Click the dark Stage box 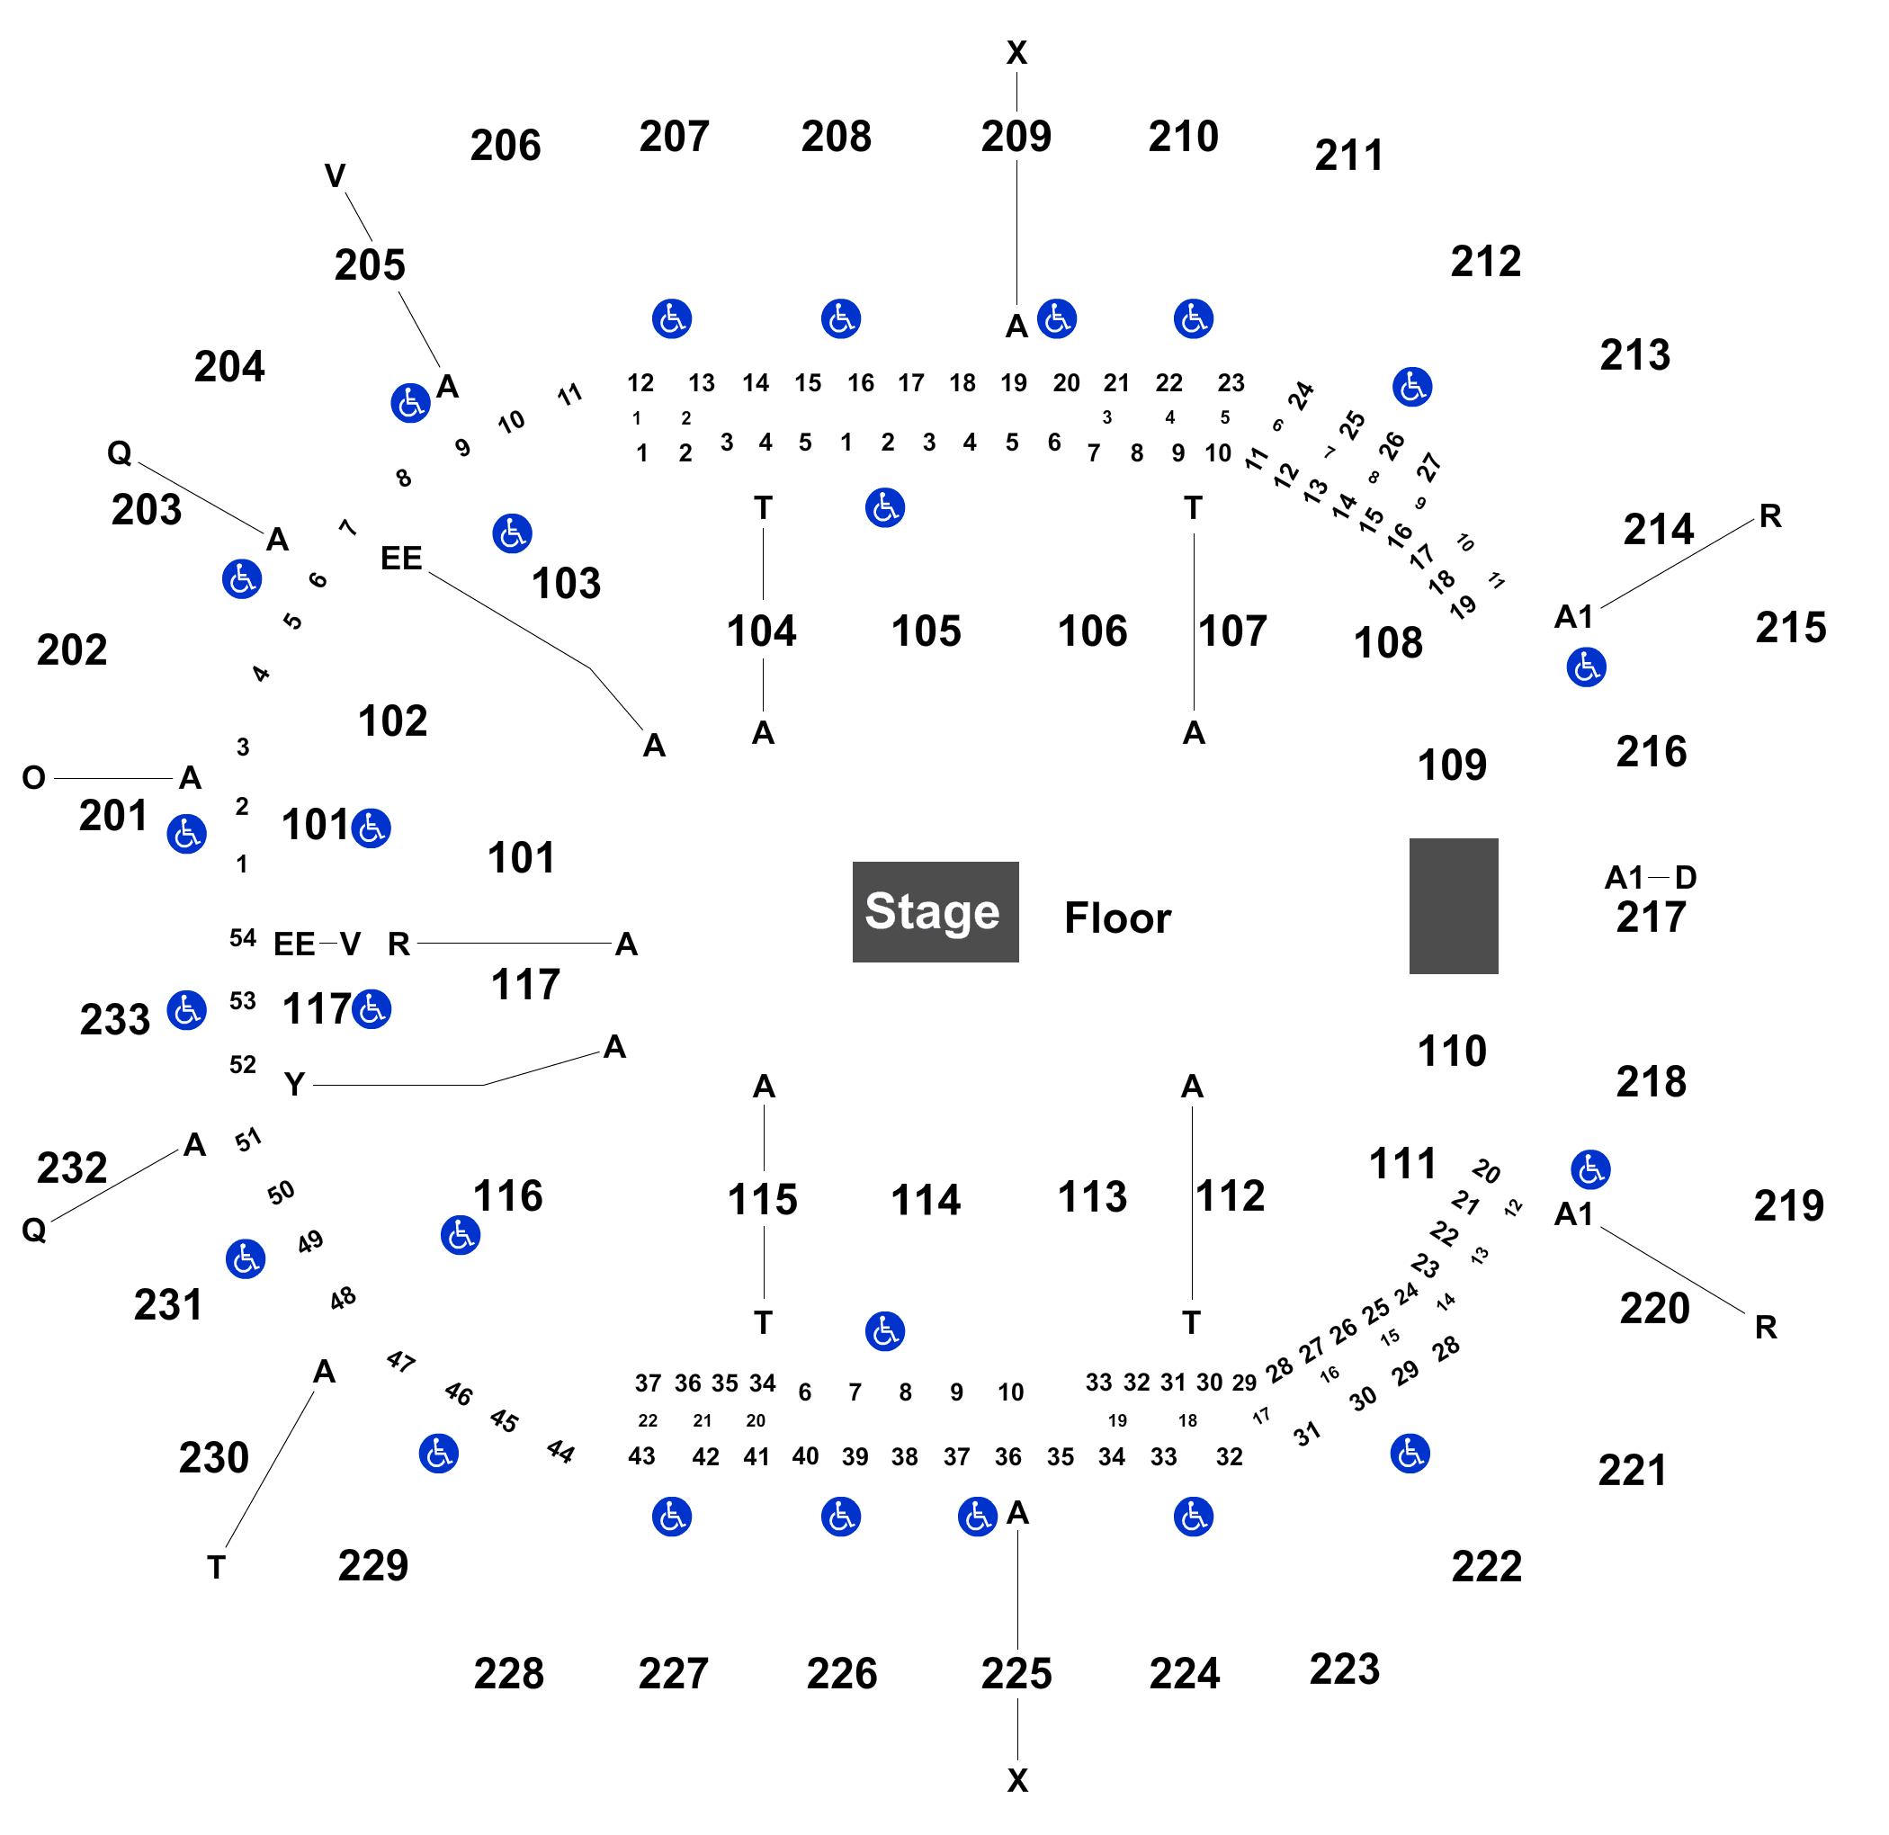coord(935,912)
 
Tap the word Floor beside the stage coord(1117,917)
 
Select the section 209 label coord(1016,137)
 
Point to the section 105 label coord(926,631)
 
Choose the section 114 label coord(926,1200)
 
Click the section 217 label coord(1651,917)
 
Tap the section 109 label coord(1452,765)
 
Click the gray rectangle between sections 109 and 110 coord(1454,906)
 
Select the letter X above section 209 coord(1016,53)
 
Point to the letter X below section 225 coord(1016,1780)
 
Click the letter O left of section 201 coord(34,777)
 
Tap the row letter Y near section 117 coord(294,1084)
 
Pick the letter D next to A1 coord(1685,877)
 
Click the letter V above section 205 coord(335,175)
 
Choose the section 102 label coord(392,721)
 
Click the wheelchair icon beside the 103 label coord(512,533)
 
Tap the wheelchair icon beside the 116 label coord(460,1234)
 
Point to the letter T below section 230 coord(216,1568)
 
